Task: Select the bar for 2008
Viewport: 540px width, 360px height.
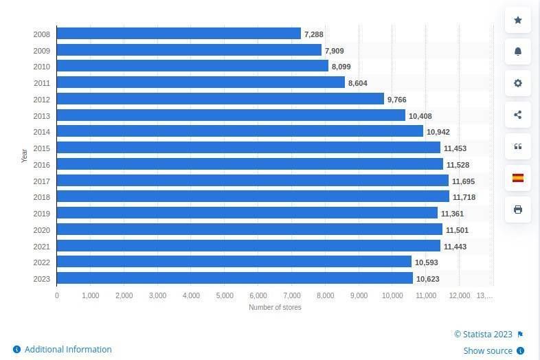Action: (179, 34)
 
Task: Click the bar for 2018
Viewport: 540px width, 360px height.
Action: (253, 197)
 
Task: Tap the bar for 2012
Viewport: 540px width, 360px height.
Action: (220, 99)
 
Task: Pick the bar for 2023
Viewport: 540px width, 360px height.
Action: (234, 278)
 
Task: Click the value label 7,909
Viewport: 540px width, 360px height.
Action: (335, 51)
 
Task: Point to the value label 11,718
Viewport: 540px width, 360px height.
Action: (464, 198)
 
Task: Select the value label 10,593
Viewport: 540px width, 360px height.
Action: (426, 262)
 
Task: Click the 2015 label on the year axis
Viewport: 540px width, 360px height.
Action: (41, 148)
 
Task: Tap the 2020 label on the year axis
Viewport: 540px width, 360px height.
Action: (41, 230)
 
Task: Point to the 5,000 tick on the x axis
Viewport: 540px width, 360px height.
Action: (225, 295)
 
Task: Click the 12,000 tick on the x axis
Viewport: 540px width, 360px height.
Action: (460, 295)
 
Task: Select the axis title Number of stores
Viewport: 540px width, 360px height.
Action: (275, 307)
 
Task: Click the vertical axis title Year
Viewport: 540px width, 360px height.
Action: (25, 155)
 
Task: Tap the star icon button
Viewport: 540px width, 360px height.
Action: (518, 20)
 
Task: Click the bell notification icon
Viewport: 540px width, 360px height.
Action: (518, 52)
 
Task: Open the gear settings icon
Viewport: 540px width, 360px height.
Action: (518, 83)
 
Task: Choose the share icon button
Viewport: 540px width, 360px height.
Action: (518, 115)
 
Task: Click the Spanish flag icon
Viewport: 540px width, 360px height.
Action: (518, 178)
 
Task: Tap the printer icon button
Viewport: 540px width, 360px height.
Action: (518, 210)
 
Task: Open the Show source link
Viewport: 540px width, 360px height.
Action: (488, 350)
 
